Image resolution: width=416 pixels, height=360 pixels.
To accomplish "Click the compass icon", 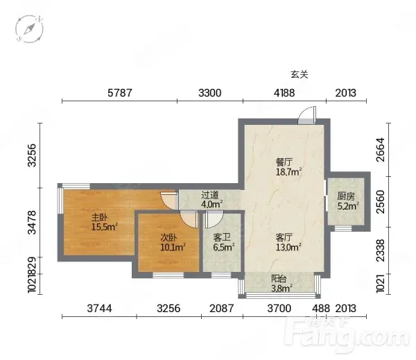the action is click(x=29, y=29).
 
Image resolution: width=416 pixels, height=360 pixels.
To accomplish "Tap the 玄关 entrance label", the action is click(x=300, y=75).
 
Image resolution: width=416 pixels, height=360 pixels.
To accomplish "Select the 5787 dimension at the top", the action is click(x=120, y=93).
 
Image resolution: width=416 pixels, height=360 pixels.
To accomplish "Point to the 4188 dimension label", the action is click(x=284, y=93).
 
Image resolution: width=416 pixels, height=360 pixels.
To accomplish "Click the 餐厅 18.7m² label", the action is click(x=288, y=167).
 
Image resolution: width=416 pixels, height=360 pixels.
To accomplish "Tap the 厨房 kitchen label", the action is click(x=348, y=200).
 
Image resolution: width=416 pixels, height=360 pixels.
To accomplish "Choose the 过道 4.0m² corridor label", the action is click(x=211, y=200).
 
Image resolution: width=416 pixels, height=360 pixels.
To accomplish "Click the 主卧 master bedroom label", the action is click(x=104, y=222).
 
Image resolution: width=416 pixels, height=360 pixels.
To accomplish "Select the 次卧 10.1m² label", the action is click(x=173, y=242).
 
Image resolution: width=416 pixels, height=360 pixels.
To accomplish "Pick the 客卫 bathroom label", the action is click(x=223, y=242).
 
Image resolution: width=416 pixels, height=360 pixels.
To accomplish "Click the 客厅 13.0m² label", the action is click(x=288, y=242).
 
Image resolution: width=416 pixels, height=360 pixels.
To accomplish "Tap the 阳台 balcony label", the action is click(x=281, y=284).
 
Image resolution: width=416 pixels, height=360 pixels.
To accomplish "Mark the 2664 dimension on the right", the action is click(x=380, y=149).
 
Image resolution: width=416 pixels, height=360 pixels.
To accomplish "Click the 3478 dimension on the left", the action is click(x=32, y=222).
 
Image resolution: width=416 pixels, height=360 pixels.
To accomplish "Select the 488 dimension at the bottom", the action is click(x=321, y=309).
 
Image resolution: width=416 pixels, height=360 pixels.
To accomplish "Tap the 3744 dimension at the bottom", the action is click(x=99, y=309).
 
